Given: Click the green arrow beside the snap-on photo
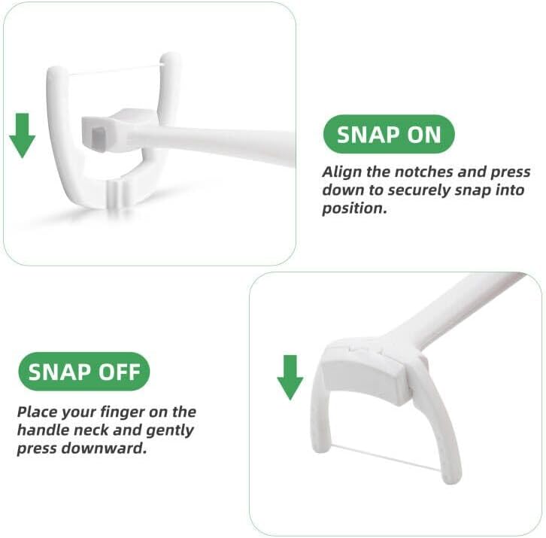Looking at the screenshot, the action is click(22, 135).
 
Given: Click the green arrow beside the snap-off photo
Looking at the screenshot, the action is click(290, 378).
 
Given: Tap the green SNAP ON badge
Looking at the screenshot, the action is click(389, 134).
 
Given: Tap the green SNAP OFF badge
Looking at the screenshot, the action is click(84, 372).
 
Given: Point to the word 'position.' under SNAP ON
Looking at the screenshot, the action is click(354, 208).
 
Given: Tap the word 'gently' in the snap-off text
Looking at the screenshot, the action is click(169, 430).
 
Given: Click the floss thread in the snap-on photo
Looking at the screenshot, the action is click(115, 70).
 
